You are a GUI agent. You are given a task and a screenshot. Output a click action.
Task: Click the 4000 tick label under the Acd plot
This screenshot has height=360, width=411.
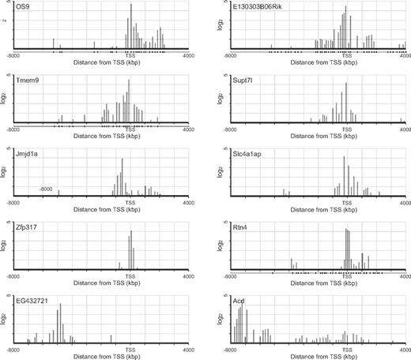[x=403, y=348]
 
